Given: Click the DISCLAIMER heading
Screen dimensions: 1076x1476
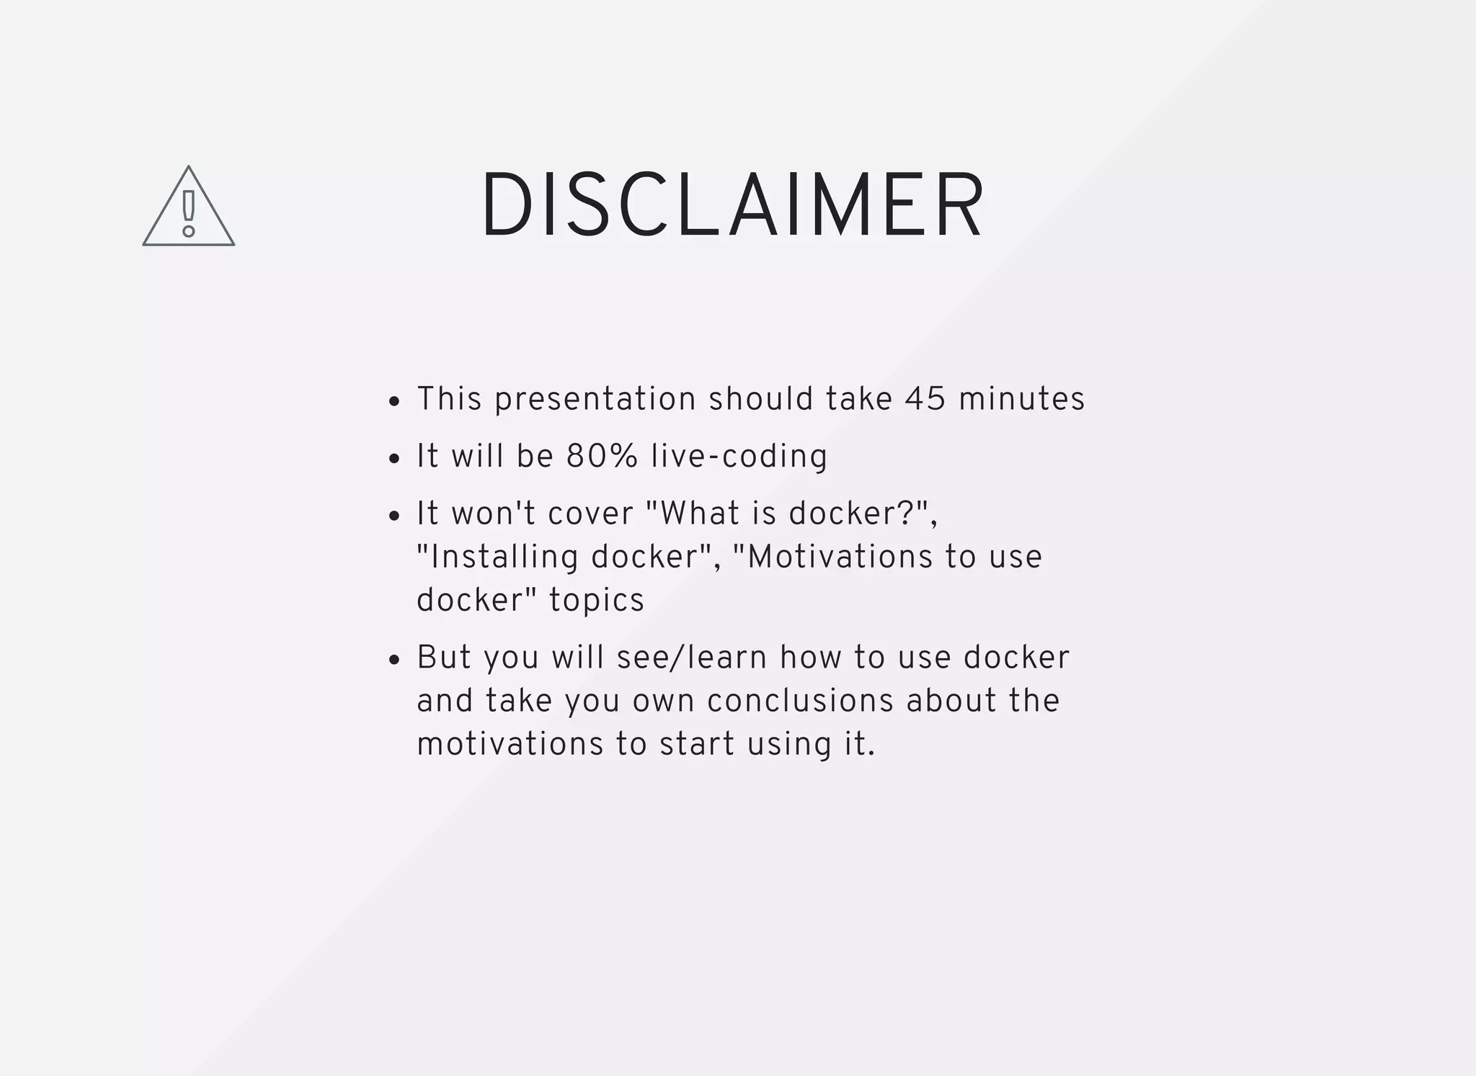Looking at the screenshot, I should [732, 205].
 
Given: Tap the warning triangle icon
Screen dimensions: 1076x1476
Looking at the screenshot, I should [189, 209].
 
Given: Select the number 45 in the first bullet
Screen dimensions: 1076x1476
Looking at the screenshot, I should [925, 399].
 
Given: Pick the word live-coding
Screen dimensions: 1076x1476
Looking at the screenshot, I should [739, 457].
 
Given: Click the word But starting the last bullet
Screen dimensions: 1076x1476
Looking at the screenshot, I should [443, 658].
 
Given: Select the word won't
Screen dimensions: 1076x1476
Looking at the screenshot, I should [494, 514].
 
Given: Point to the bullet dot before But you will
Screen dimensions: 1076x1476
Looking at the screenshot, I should [394, 660].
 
